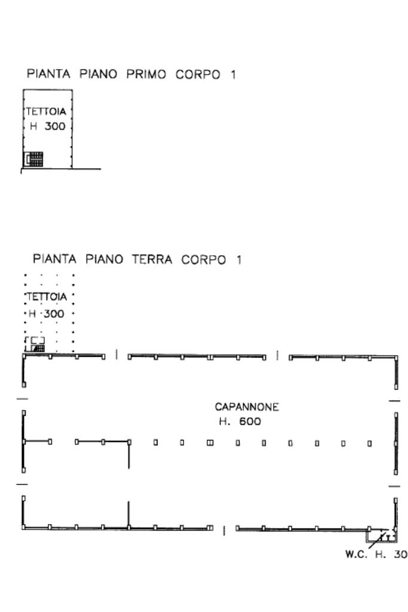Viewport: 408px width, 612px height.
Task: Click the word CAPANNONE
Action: coord(247,407)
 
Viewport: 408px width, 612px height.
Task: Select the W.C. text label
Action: coord(357,555)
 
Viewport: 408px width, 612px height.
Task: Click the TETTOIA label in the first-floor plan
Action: coord(45,112)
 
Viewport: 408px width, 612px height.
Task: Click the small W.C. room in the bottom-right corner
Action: coord(382,534)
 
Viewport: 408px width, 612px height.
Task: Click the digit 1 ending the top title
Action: coord(232,75)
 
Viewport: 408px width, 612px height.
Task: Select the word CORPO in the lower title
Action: coord(204,260)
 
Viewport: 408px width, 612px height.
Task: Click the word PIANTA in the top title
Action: coord(48,75)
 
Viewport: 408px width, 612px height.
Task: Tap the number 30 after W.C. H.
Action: coord(400,555)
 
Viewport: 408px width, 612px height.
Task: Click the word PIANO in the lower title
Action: coord(104,260)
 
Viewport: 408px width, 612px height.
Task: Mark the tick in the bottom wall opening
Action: coord(223,530)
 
